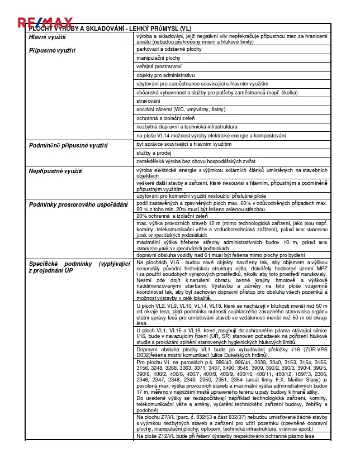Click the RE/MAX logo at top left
pyautogui.click(x=45, y=22)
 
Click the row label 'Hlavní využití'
pyautogui.click(x=48, y=37)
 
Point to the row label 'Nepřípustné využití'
pyautogui.click(x=55, y=171)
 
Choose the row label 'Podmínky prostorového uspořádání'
pyautogui.click(x=78, y=204)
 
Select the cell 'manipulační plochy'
pyautogui.click(x=158, y=58)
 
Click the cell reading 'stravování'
pyautogui.click(x=148, y=101)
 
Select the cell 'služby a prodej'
pyautogui.click(x=154, y=152)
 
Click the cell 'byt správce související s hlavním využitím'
pyautogui.click(x=184, y=144)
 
